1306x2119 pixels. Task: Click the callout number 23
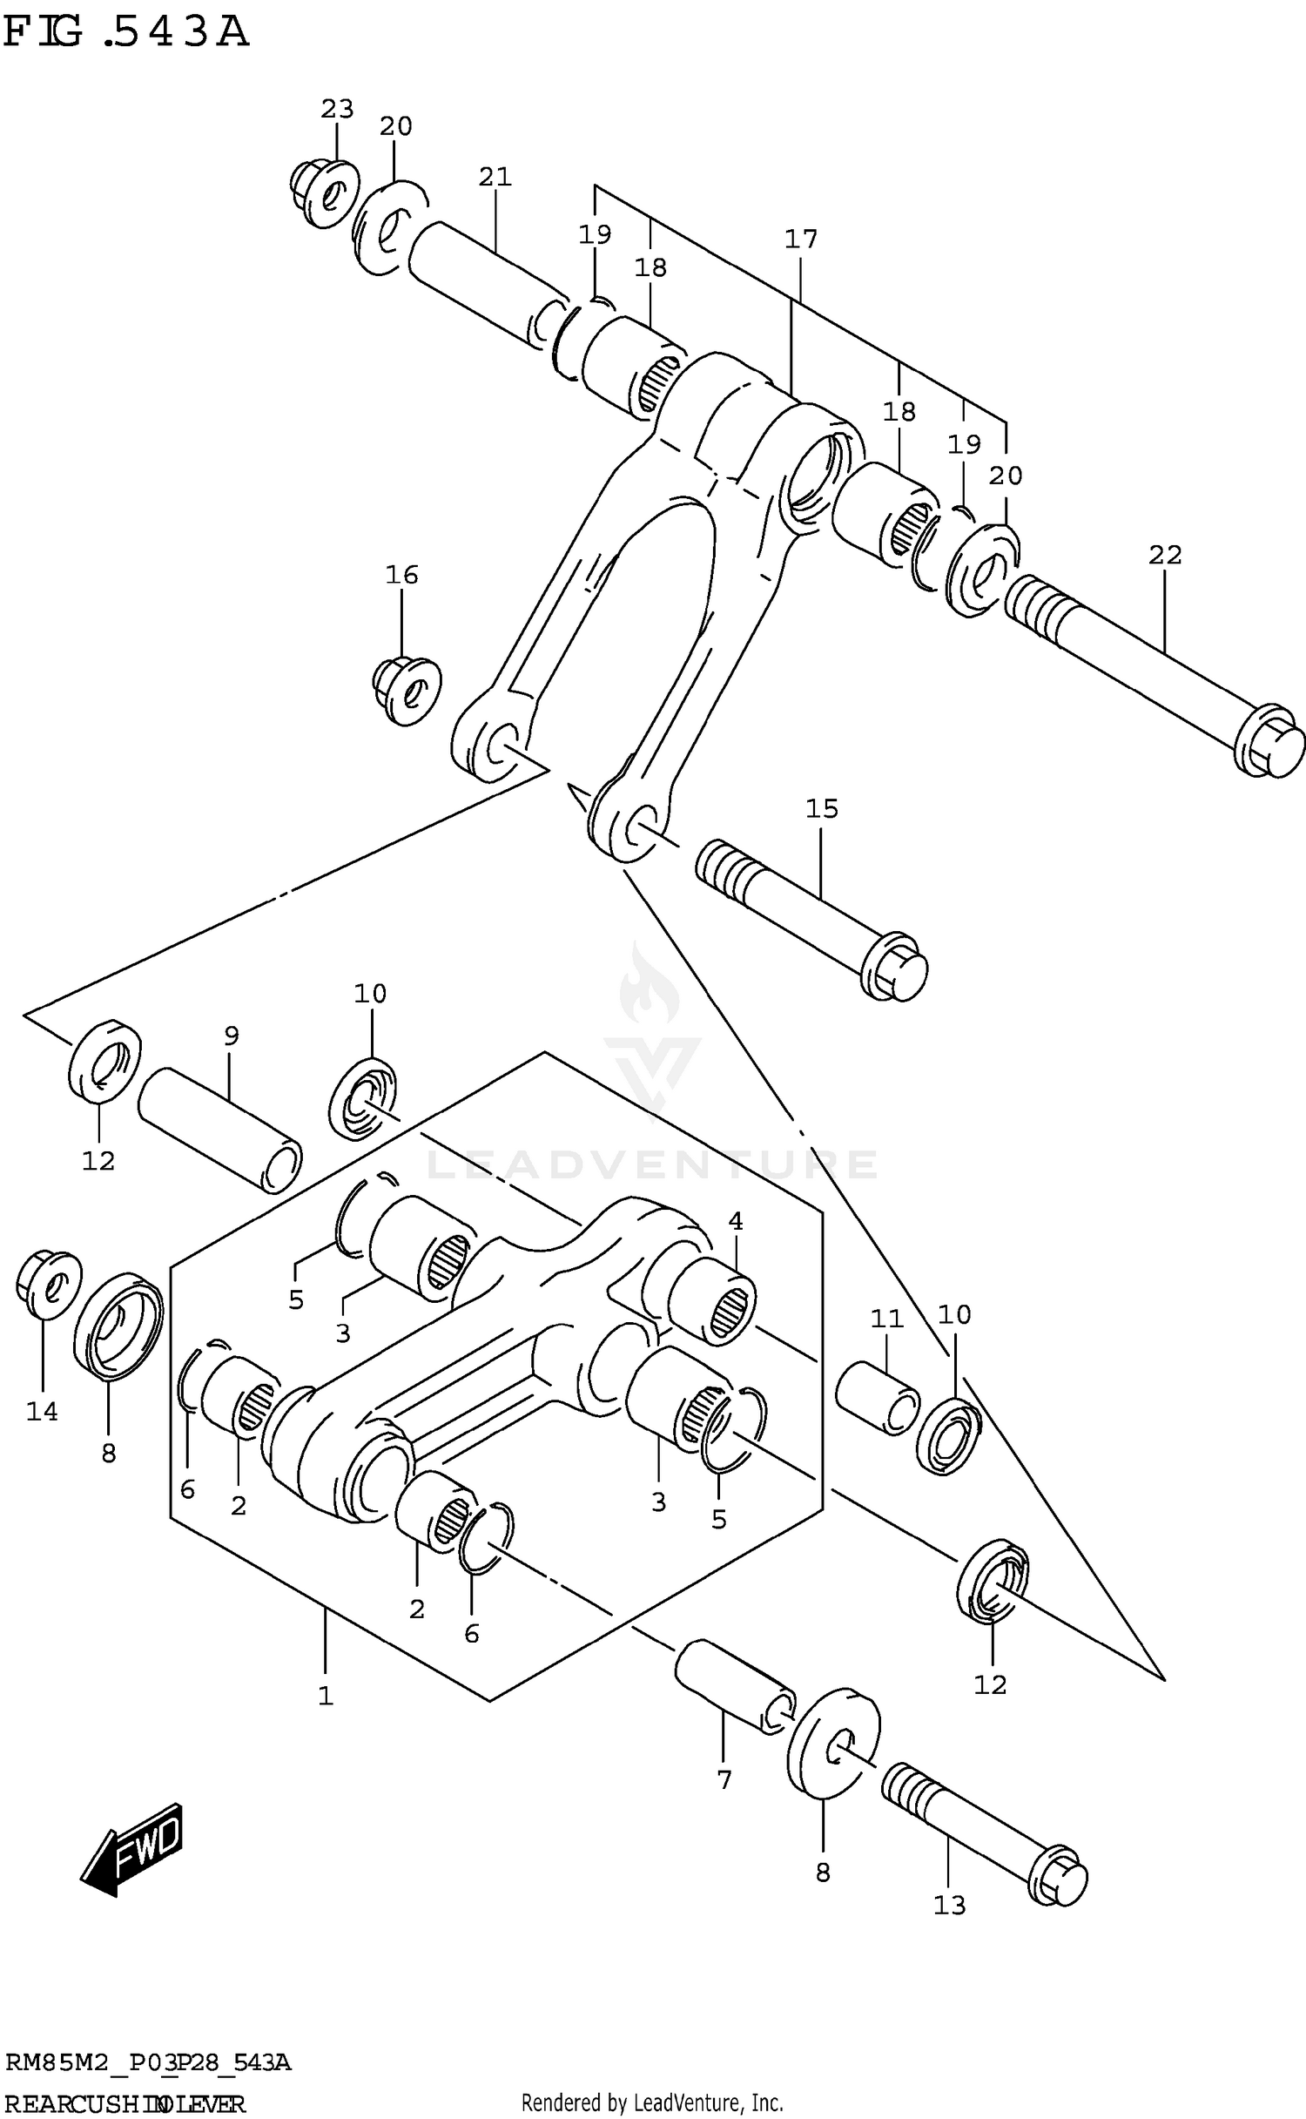point(337,109)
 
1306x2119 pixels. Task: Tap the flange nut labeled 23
point(324,192)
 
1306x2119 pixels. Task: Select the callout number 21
point(495,177)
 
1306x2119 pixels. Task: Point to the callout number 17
point(801,238)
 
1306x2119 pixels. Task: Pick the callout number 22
point(1165,554)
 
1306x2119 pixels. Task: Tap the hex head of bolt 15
point(894,967)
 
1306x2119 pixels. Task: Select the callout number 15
point(821,808)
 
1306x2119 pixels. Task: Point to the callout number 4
point(736,1221)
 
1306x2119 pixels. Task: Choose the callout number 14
point(42,1411)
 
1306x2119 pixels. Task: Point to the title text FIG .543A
point(126,32)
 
